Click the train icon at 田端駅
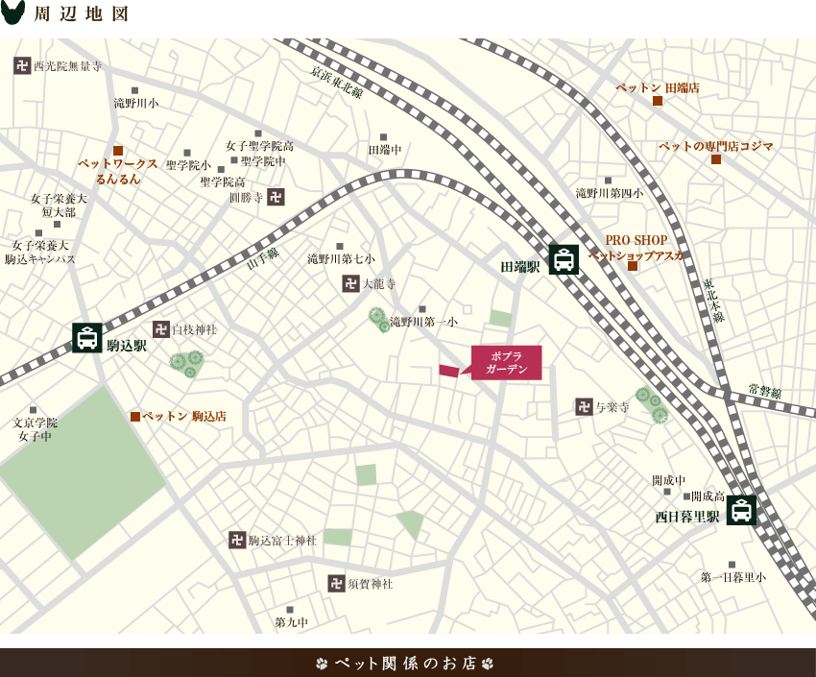[x=564, y=259]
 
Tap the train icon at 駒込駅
[x=87, y=338]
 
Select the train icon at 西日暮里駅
[x=741, y=510]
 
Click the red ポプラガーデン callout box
[x=506, y=363]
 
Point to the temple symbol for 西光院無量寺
[x=22, y=65]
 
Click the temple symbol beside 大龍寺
[x=350, y=283]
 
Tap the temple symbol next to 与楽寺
[x=584, y=407]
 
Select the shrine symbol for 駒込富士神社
[x=237, y=540]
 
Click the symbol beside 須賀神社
[x=336, y=583]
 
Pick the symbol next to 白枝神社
[x=161, y=329]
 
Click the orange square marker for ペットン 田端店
[x=658, y=101]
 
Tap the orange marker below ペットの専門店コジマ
[x=716, y=159]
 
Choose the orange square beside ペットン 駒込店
[x=135, y=417]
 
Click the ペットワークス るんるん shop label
[x=118, y=171]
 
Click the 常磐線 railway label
[x=765, y=392]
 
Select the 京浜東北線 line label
[x=337, y=83]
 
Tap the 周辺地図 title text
[x=82, y=14]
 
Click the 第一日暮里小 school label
[x=733, y=577]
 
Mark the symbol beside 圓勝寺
[x=276, y=197]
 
